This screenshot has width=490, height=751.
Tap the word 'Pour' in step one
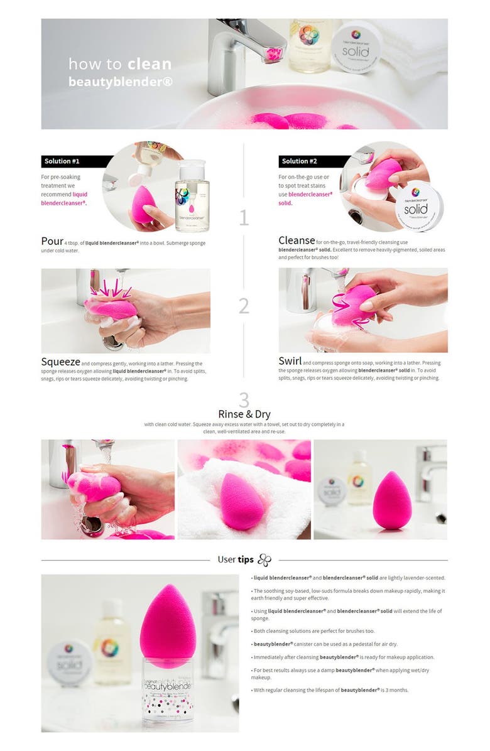click(x=52, y=241)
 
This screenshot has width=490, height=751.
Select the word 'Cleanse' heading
click(x=297, y=240)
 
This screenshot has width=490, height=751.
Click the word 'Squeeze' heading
click(x=60, y=362)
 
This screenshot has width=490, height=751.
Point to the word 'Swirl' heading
click(x=290, y=361)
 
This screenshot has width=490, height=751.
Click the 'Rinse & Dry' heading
click(x=244, y=414)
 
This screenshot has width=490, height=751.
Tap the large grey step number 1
click(x=244, y=218)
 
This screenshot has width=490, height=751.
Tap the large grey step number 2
click(x=244, y=306)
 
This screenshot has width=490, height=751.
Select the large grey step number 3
click(x=244, y=399)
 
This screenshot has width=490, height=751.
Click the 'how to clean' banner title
click(x=120, y=64)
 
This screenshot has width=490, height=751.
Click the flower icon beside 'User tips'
click(x=265, y=559)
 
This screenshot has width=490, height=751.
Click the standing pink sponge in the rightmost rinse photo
click(x=388, y=500)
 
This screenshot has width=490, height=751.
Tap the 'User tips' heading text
click(x=236, y=559)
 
